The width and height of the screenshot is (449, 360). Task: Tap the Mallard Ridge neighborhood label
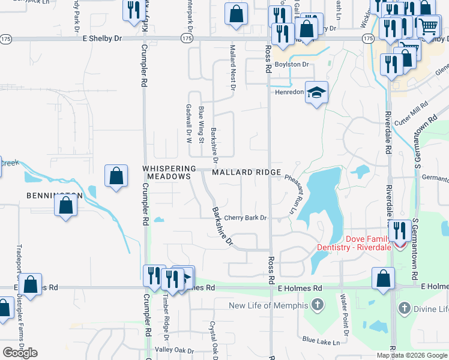[247, 173]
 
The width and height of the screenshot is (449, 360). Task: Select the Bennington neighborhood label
[54, 196]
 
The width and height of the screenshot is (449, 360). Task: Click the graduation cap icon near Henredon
[316, 92]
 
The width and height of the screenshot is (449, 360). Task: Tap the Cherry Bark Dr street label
[245, 218]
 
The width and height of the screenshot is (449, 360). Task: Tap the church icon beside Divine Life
[404, 309]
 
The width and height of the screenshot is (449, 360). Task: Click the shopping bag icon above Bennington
[116, 176]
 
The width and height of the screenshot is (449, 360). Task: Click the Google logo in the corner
[20, 352]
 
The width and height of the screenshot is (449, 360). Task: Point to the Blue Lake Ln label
[321, 341]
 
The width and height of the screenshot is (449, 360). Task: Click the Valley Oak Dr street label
[175, 350]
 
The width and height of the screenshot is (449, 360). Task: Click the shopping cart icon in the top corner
[427, 26]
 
